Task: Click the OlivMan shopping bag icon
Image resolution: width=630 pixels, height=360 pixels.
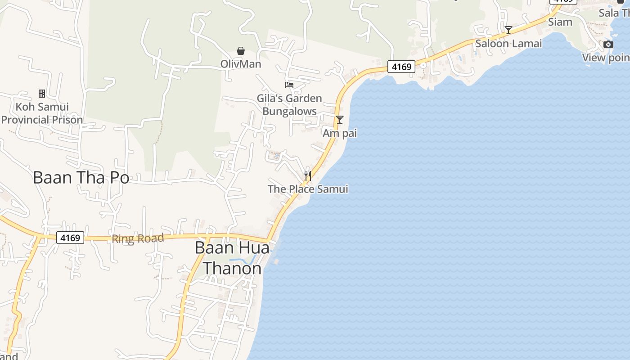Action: click(241, 50)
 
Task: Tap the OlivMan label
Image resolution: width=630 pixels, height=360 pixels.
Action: click(241, 64)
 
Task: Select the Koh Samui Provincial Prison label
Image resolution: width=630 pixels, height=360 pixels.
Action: click(42, 113)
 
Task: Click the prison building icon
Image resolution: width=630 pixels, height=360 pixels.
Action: click(42, 94)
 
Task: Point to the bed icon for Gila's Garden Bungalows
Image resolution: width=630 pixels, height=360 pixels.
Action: click(289, 85)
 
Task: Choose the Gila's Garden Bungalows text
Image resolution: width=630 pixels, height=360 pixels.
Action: click(289, 105)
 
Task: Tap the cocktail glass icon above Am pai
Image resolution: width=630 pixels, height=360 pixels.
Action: click(340, 120)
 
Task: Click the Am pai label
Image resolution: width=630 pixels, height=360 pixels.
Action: click(340, 133)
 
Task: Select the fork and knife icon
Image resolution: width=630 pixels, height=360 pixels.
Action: click(308, 175)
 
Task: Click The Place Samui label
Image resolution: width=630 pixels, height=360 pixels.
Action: click(308, 189)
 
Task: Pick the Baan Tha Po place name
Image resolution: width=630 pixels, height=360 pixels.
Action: click(81, 178)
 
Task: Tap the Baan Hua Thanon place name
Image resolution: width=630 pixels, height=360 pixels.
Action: click(232, 258)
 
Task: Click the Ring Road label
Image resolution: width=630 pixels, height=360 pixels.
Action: click(138, 238)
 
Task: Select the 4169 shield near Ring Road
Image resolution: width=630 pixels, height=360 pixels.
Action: click(71, 238)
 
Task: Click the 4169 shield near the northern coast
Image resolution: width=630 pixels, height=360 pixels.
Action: click(401, 67)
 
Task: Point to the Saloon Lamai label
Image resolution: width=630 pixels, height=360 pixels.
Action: click(508, 44)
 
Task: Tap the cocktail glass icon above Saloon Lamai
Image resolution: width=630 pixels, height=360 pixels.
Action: click(508, 30)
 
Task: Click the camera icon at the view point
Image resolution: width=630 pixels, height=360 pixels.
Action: click(608, 44)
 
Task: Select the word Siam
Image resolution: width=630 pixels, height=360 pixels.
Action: click(560, 22)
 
